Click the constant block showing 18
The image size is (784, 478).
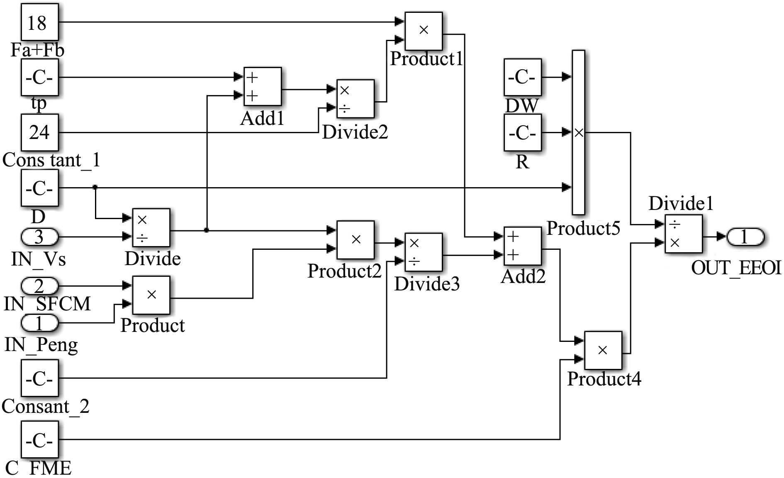(39, 22)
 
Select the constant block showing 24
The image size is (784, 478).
(39, 133)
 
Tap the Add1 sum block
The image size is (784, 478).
(262, 87)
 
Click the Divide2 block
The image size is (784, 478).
(355, 99)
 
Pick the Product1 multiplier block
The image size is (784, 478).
(424, 31)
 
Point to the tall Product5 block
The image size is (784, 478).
(579, 132)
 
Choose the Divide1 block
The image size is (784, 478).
(683, 234)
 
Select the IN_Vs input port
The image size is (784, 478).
(39, 237)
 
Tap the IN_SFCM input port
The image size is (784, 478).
(39, 286)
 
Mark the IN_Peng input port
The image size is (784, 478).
(39, 323)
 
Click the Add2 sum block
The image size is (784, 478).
(522, 246)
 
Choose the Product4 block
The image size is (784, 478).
(603, 350)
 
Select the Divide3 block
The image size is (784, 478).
(423, 252)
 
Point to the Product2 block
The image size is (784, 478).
(355, 240)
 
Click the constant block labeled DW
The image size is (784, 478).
(522, 78)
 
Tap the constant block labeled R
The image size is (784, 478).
(522, 133)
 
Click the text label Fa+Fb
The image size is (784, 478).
(37, 50)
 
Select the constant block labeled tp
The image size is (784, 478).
(39, 78)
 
